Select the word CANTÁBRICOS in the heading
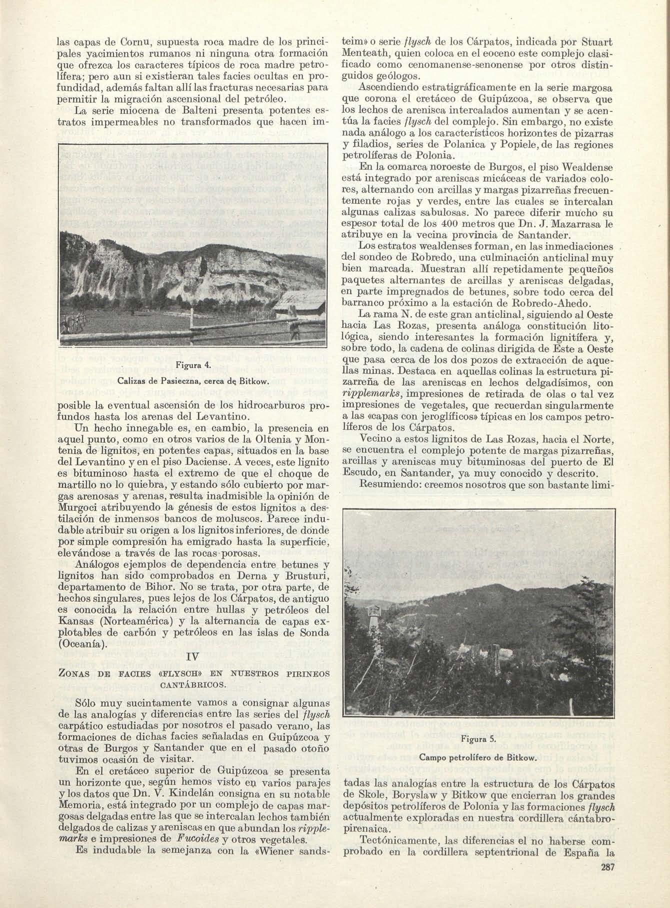(193, 683)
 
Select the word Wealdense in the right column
(584, 167)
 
